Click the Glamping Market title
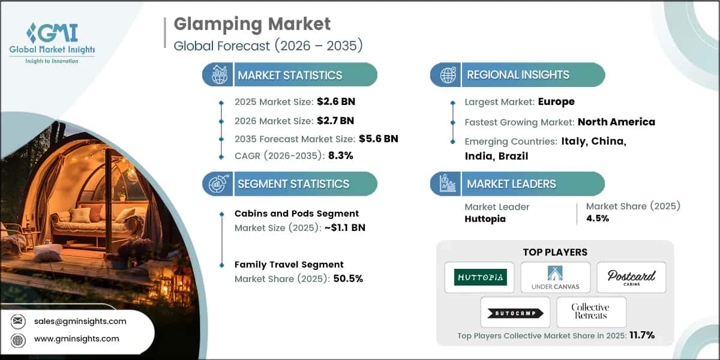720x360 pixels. pyautogui.click(x=252, y=25)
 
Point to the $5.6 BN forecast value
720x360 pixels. pyautogui.click(x=379, y=139)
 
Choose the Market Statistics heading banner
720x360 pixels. pyautogui.click(x=290, y=75)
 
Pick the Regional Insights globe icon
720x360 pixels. pyautogui.click(x=448, y=75)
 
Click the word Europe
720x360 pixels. pyautogui.click(x=556, y=102)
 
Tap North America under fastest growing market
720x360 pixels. pyautogui.click(x=616, y=122)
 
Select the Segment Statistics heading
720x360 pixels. pyautogui.click(x=293, y=184)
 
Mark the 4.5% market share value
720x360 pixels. pyautogui.click(x=597, y=218)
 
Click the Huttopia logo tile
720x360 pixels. pyautogui.click(x=479, y=277)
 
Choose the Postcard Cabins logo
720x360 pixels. pyautogui.click(x=631, y=277)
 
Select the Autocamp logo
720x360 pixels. pyautogui.click(x=515, y=312)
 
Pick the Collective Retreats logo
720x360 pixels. pyautogui.click(x=590, y=311)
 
